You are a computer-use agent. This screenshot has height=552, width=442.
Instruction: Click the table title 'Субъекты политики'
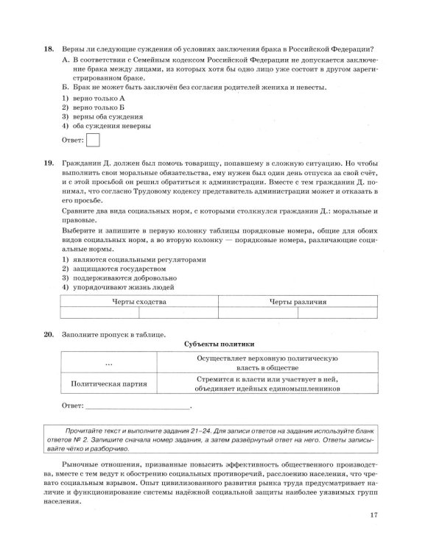point(218,344)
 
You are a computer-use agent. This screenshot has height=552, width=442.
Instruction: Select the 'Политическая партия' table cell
point(109,383)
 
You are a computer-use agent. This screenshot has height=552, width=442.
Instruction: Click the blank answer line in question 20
point(137,406)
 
